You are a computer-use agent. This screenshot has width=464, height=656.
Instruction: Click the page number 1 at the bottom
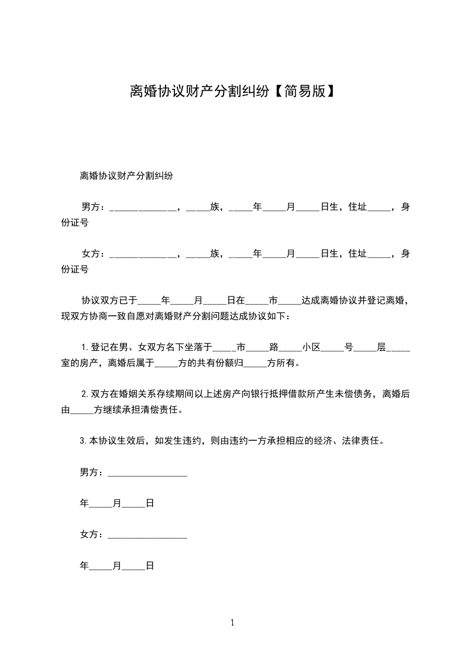coord(232,623)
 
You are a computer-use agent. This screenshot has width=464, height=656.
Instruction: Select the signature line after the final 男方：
coord(147,474)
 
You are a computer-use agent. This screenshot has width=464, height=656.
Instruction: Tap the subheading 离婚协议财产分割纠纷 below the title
coord(126,175)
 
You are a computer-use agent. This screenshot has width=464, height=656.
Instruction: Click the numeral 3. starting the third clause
coord(83,441)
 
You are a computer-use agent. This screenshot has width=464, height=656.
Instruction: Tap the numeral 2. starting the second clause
coord(85,394)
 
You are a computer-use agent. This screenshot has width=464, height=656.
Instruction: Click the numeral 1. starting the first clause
coord(85,347)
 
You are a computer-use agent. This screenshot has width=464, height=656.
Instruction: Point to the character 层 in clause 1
coord(381,347)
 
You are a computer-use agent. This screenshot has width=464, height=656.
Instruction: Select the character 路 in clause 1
coord(274,347)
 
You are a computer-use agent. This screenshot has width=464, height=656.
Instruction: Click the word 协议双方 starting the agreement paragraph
coord(100,301)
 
